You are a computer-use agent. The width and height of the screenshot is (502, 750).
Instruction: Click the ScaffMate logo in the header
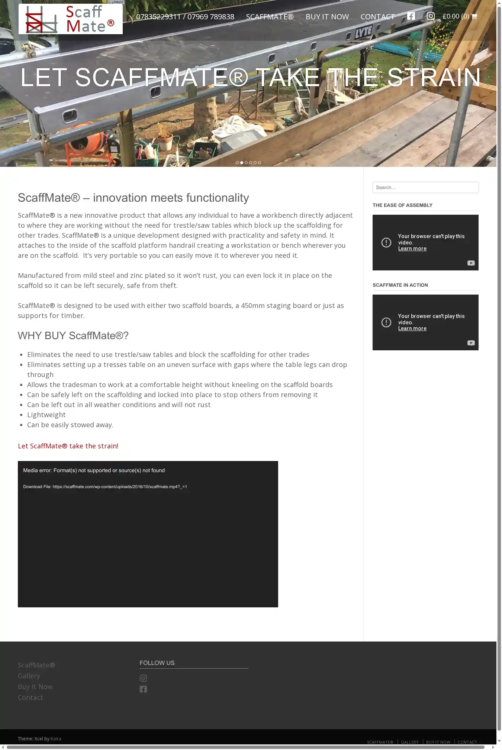coord(71,19)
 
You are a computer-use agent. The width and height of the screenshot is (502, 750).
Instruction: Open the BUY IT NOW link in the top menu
coord(327,17)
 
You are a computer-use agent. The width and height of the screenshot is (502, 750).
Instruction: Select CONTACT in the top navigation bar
coord(377,17)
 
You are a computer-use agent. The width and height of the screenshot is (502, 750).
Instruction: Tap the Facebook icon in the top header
coord(411,16)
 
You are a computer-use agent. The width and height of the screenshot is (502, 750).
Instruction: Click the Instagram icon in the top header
coord(431,16)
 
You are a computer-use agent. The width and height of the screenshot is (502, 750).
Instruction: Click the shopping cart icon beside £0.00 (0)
coord(474,16)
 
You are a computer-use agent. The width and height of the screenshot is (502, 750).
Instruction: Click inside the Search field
coord(425,188)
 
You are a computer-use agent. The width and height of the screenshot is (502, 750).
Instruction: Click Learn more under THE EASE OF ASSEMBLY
coord(412,249)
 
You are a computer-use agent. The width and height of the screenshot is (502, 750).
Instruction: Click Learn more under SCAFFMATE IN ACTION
coord(412,329)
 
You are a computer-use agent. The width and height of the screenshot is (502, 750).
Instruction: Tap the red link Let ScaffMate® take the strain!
coord(68,446)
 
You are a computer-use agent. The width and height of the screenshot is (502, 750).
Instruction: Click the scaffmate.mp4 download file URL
coord(120,487)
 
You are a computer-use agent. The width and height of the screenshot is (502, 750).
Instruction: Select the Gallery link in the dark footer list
coord(29,676)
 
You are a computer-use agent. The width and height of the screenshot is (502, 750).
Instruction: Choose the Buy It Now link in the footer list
coord(35,687)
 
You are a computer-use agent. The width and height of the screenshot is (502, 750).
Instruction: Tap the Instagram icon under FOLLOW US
coord(143,678)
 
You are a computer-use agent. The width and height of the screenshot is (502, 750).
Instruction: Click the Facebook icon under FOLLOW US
coord(143,689)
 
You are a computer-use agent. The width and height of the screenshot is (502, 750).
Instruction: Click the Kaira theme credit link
coord(56,739)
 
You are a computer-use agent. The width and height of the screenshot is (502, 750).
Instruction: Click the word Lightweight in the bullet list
coord(46,415)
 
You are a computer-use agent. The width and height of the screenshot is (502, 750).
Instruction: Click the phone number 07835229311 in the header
coord(158,17)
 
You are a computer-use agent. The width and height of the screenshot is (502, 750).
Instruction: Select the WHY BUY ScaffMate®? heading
coord(73,336)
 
